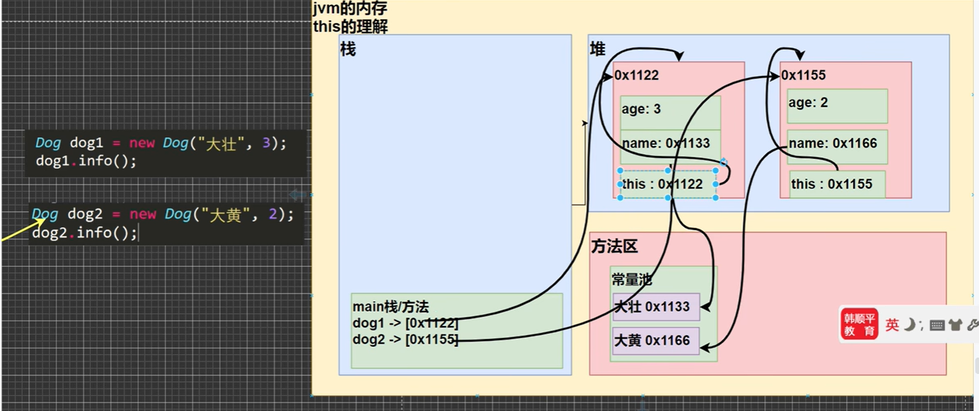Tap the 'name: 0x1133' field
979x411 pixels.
[x=666, y=144]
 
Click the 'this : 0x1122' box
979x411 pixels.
[x=668, y=185]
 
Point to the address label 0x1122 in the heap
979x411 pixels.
[x=637, y=76]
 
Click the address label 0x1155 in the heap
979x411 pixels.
[x=804, y=76]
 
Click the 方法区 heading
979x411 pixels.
[x=614, y=247]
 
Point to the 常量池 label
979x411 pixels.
[x=631, y=280]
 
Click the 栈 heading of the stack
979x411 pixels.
[x=348, y=50]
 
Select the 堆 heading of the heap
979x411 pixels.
[x=598, y=50]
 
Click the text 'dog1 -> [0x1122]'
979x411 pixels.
[x=405, y=323]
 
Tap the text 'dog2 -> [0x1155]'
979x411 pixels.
[x=405, y=339]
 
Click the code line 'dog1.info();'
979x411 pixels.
[x=86, y=161]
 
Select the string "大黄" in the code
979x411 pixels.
[x=225, y=215]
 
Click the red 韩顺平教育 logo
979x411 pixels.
[x=859, y=324]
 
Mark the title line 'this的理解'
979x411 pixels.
[x=350, y=27]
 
